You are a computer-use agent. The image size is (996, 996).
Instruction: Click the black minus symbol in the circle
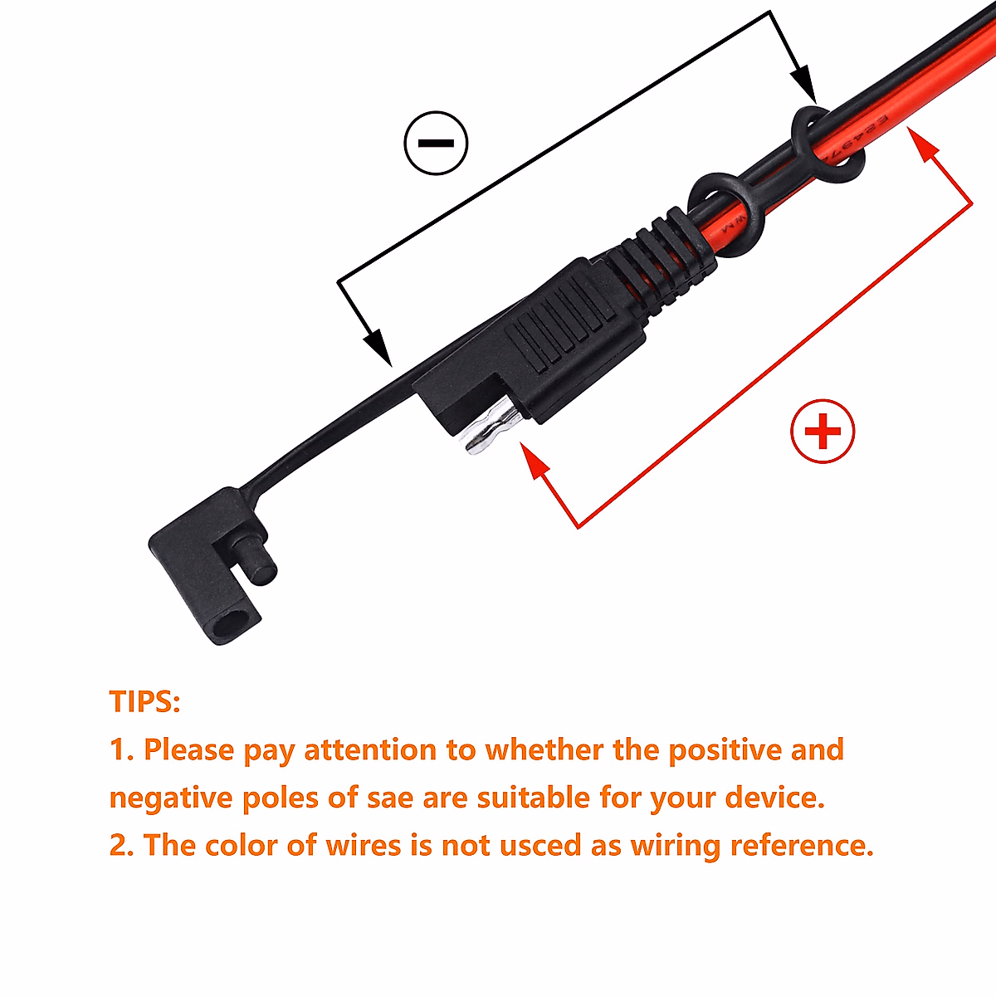[x=436, y=143]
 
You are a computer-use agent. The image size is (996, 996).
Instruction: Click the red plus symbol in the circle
[x=823, y=432]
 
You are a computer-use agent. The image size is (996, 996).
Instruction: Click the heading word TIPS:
[x=144, y=702]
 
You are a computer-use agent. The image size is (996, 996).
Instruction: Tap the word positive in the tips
[x=725, y=749]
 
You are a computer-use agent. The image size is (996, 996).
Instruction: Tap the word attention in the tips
[x=370, y=749]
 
